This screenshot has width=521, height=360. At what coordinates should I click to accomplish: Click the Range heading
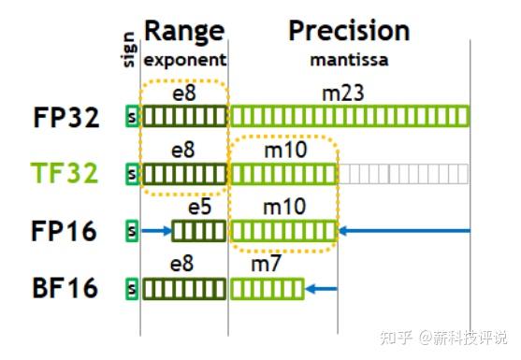184,31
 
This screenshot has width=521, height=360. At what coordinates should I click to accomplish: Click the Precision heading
349,31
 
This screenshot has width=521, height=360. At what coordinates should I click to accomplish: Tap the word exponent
184,59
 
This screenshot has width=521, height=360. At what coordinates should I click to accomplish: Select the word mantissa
349,59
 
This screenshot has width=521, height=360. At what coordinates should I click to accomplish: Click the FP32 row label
65,117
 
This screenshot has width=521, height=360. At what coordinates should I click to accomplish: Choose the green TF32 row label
65,174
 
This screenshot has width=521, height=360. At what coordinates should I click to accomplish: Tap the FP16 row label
65,231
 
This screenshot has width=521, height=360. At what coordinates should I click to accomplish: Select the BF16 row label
65,288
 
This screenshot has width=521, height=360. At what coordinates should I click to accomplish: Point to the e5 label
198,207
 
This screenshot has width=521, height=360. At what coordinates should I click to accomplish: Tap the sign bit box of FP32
132,117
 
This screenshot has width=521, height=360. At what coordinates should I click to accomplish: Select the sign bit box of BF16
132,288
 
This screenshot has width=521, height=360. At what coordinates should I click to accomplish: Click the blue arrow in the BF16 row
322,288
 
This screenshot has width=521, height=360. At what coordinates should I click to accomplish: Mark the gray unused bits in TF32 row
402,174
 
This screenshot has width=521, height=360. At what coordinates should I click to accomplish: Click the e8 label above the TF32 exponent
183,150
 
